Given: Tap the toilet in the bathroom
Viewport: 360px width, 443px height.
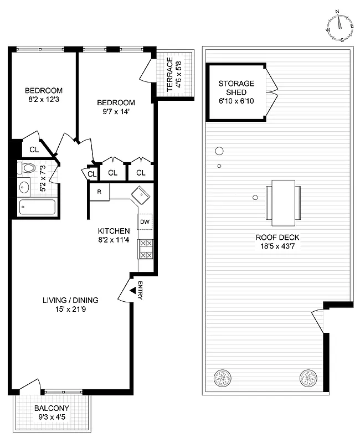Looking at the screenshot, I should click(x=28, y=168).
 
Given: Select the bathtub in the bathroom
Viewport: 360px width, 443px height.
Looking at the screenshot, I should click(x=37, y=208).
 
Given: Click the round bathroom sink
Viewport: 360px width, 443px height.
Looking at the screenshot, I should click(x=23, y=187).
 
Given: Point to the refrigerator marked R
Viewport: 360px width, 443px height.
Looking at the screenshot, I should click(x=99, y=192).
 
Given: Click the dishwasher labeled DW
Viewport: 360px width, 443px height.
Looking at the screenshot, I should click(x=145, y=222).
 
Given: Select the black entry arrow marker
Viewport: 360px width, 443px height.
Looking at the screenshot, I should click(x=132, y=290).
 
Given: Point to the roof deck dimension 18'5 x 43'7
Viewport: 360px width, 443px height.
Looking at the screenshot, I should click(x=277, y=246).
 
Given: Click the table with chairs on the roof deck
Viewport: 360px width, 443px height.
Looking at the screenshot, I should click(x=284, y=202).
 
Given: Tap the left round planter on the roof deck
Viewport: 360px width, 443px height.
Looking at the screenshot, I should click(x=223, y=379).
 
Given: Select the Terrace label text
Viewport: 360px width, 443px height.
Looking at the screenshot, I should click(x=170, y=75).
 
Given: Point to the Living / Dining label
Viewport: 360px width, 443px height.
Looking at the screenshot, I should click(x=70, y=300).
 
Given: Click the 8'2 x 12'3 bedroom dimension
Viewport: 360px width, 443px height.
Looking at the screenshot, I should click(x=44, y=100).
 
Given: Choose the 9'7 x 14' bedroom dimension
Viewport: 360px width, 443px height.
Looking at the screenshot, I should click(x=116, y=112).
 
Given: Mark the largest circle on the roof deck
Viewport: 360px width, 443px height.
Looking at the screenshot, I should click(x=219, y=151).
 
